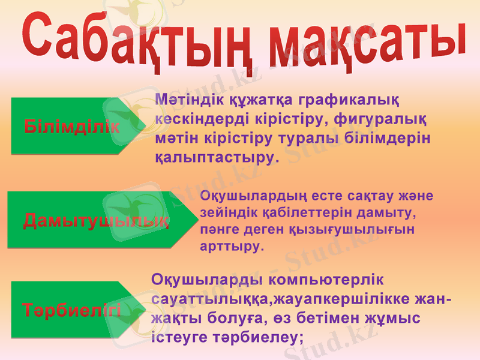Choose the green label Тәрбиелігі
(x=72, y=311)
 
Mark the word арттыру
(x=230, y=246)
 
